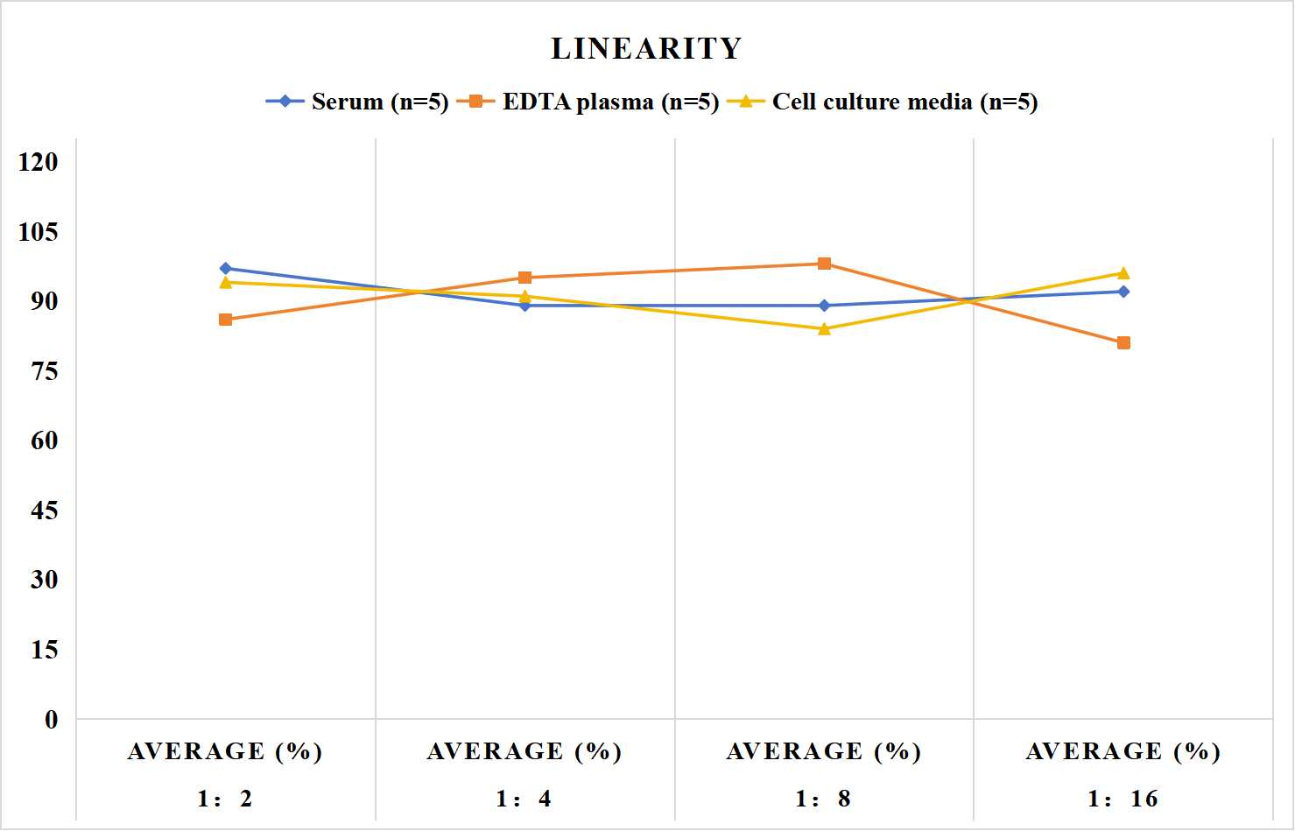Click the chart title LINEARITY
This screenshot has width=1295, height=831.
646,48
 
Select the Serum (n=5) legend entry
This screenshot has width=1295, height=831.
357,102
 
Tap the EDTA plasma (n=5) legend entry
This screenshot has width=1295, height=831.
588,102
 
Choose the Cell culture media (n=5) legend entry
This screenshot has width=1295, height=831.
883,102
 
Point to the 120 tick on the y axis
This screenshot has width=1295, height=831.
39,162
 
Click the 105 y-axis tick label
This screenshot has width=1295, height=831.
39,232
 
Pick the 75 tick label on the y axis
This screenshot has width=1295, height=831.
45,371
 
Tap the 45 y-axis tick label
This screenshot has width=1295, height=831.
45,511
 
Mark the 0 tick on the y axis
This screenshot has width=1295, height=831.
52,720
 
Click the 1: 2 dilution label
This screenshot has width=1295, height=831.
225,799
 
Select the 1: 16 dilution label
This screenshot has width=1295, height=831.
1123,799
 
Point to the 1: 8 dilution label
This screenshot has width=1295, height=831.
823,799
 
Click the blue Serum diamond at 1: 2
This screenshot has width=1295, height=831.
226,268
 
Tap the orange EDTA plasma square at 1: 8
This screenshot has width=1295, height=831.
825,264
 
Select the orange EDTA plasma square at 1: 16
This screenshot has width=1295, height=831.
1123,343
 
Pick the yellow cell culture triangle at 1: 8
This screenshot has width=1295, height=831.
825,329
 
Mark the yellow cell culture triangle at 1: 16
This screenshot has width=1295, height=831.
1123,273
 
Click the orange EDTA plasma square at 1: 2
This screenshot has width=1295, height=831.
226,320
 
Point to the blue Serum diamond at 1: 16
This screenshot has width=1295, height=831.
1123,292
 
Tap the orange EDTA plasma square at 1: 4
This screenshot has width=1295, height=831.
525,278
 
